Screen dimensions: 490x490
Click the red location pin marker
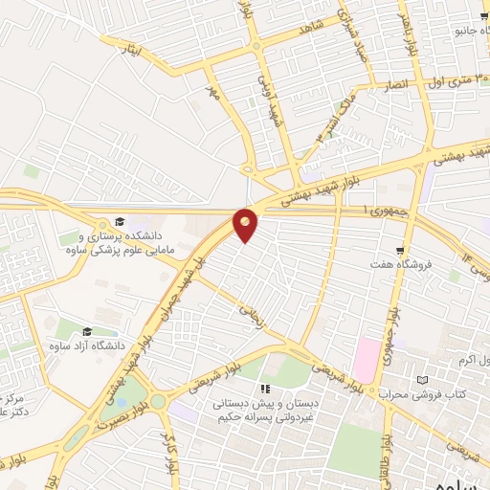(246, 225)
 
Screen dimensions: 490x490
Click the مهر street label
(213, 96)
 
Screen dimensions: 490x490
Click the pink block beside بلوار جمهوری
(367, 359)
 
